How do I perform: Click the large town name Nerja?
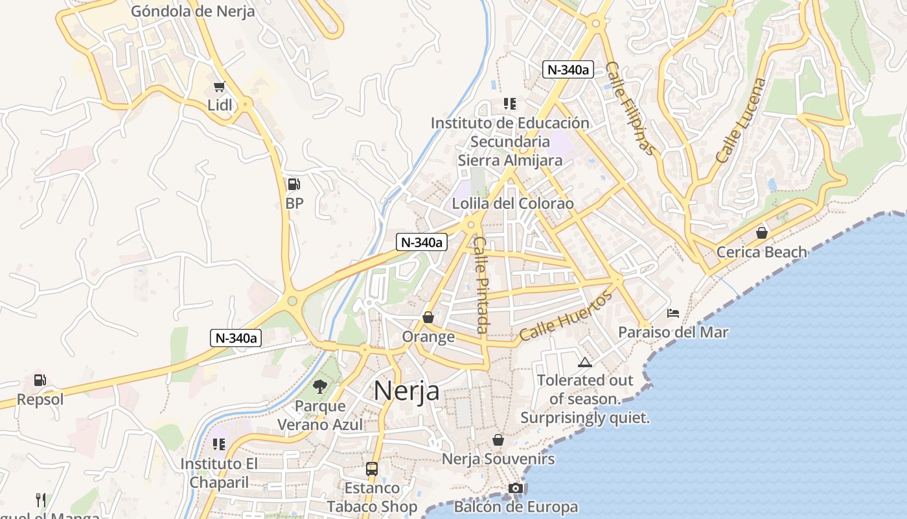coord(407,391)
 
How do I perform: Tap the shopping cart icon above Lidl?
coord(220,87)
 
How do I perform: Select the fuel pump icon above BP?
coord(294,185)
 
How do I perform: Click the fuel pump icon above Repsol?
coord(40,380)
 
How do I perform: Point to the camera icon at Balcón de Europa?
coord(516,488)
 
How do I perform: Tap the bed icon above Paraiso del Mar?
coord(673,314)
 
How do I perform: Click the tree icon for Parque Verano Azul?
coord(319,387)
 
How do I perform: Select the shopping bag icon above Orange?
coord(428,318)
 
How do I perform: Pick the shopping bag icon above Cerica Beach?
coord(762,232)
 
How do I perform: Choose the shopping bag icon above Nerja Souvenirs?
coord(498,440)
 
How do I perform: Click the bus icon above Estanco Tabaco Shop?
coord(372,468)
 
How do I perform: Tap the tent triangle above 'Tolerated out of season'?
coord(585,362)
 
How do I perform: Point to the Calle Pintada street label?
coord(481,284)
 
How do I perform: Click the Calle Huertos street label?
coord(566,316)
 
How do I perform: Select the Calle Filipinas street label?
coord(630,108)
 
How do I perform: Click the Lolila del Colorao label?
coord(512,204)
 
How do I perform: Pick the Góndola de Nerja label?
coord(193,11)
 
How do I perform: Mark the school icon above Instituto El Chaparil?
coord(219,444)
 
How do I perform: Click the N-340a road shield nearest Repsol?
coord(236,338)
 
